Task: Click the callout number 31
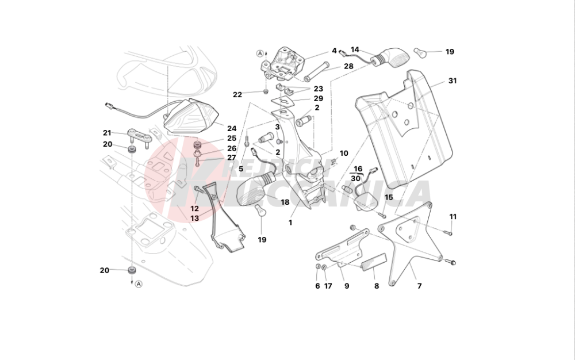[x=452, y=81]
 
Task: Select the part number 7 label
[x=419, y=286]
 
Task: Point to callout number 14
[x=355, y=49]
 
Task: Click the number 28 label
[x=348, y=66]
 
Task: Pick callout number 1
[x=290, y=223]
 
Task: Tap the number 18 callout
[x=285, y=202]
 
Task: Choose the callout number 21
[x=107, y=133]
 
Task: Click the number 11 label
[x=453, y=217]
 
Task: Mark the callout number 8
[x=377, y=286]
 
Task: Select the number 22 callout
[x=237, y=94]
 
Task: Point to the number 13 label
[x=195, y=219]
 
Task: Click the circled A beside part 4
[x=260, y=53]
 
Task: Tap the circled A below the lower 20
[x=139, y=284]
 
